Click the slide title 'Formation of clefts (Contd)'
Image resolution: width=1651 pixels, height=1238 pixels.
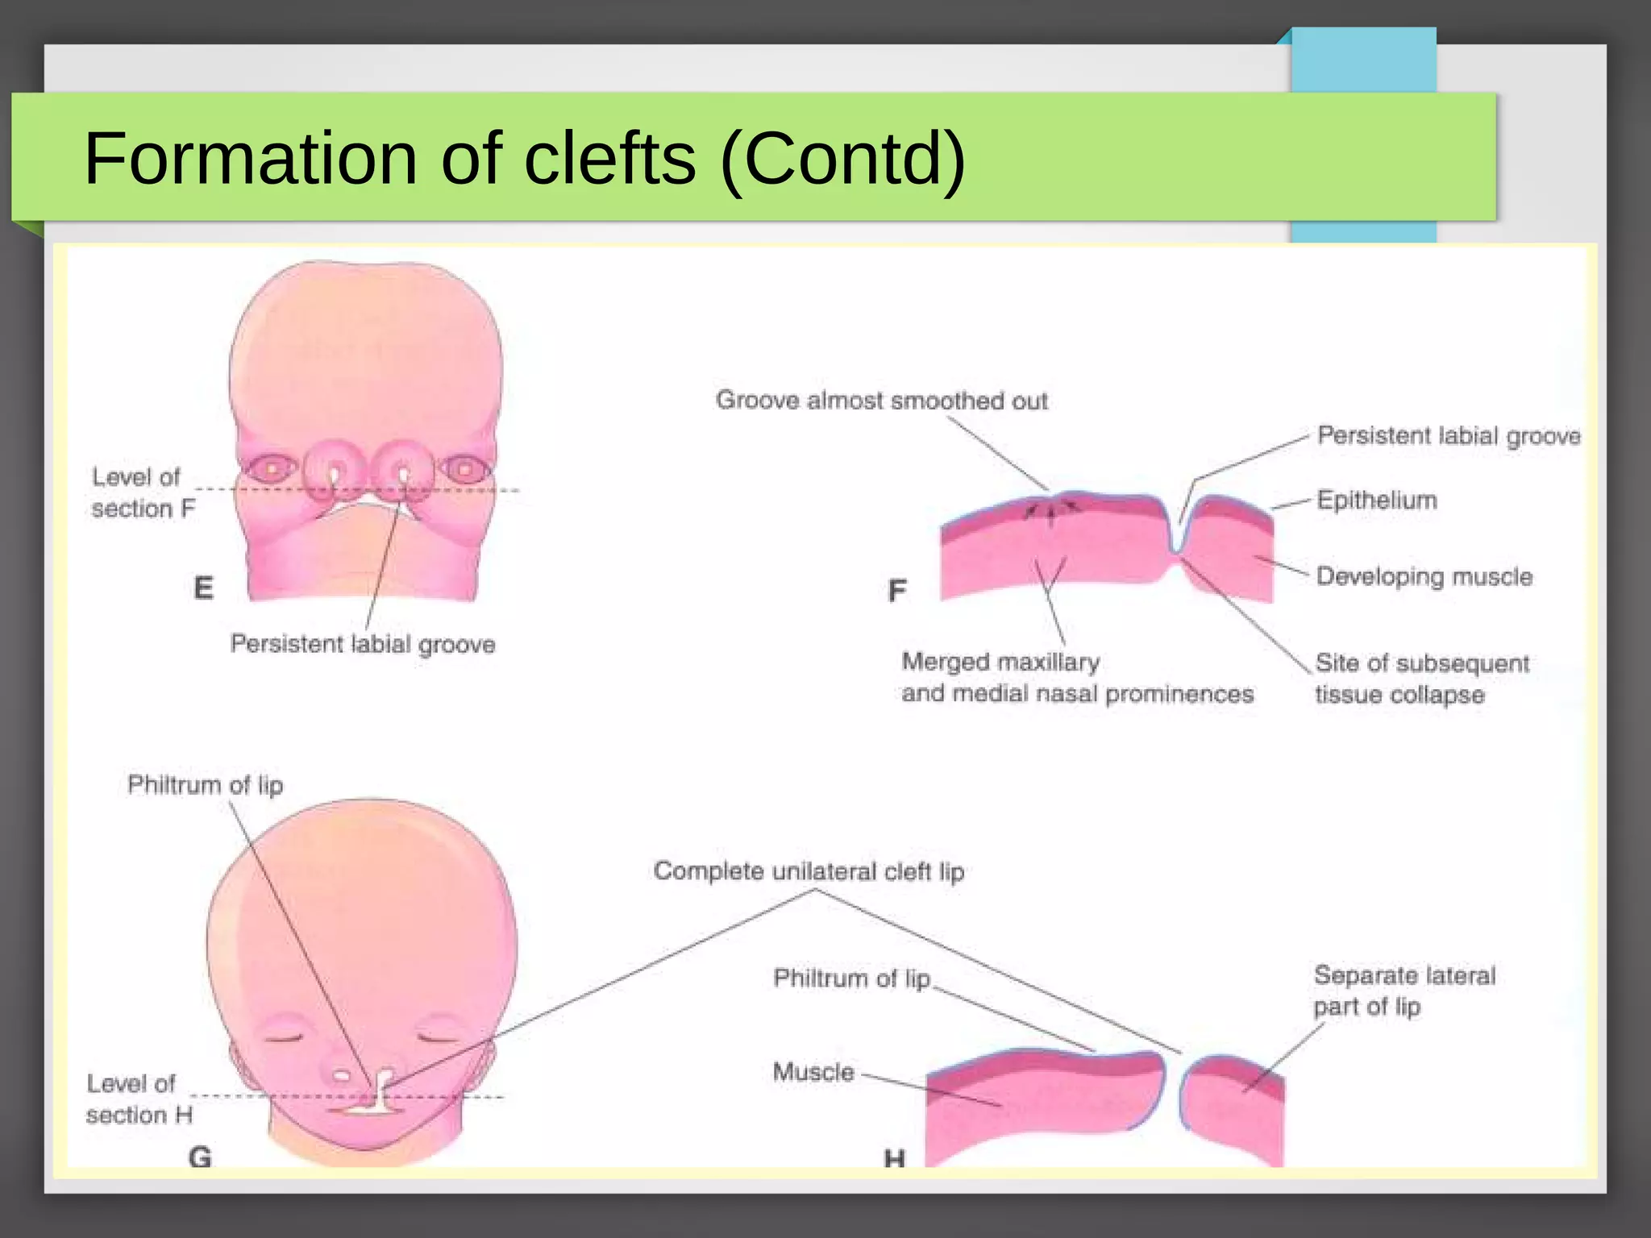[x=524, y=158]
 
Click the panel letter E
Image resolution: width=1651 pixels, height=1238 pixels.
[x=204, y=588]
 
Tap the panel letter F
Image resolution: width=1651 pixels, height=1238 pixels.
[x=896, y=591]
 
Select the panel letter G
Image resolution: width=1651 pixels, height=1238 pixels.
[x=200, y=1157]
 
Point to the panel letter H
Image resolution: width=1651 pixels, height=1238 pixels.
[x=894, y=1159]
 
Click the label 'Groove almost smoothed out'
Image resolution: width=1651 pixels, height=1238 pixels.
[x=881, y=401]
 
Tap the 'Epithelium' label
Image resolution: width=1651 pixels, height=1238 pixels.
[x=1377, y=501]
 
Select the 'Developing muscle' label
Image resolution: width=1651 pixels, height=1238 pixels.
[x=1424, y=576]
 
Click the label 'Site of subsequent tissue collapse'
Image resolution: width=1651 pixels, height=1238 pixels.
[x=1421, y=679]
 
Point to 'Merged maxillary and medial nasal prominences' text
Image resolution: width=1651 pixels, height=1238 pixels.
[x=1077, y=678]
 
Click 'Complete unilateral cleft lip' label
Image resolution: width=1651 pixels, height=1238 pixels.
[x=809, y=871]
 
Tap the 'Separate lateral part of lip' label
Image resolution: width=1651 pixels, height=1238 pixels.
[x=1404, y=991]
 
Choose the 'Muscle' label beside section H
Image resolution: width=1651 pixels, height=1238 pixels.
[x=813, y=1072]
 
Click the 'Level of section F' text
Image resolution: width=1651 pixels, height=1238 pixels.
[x=143, y=492]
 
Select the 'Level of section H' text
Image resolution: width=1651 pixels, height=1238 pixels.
[x=139, y=1099]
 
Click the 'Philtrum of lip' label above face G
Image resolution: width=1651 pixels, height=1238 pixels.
[x=205, y=785]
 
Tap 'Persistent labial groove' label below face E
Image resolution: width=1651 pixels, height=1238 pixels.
[x=363, y=644]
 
